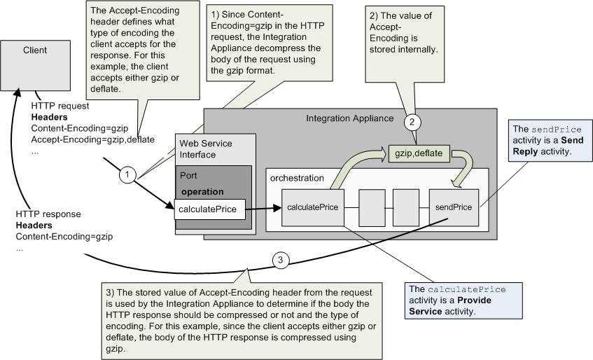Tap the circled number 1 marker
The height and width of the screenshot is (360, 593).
127,175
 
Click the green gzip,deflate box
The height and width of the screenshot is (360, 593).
420,153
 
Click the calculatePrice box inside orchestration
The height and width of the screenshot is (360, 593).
313,207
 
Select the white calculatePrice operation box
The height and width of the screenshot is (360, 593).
210,208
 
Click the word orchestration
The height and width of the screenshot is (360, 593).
298,178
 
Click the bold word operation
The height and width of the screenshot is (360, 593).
202,191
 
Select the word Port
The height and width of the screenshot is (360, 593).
188,176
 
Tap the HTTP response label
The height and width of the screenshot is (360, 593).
48,214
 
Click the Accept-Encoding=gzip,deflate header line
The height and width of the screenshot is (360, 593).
83,139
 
